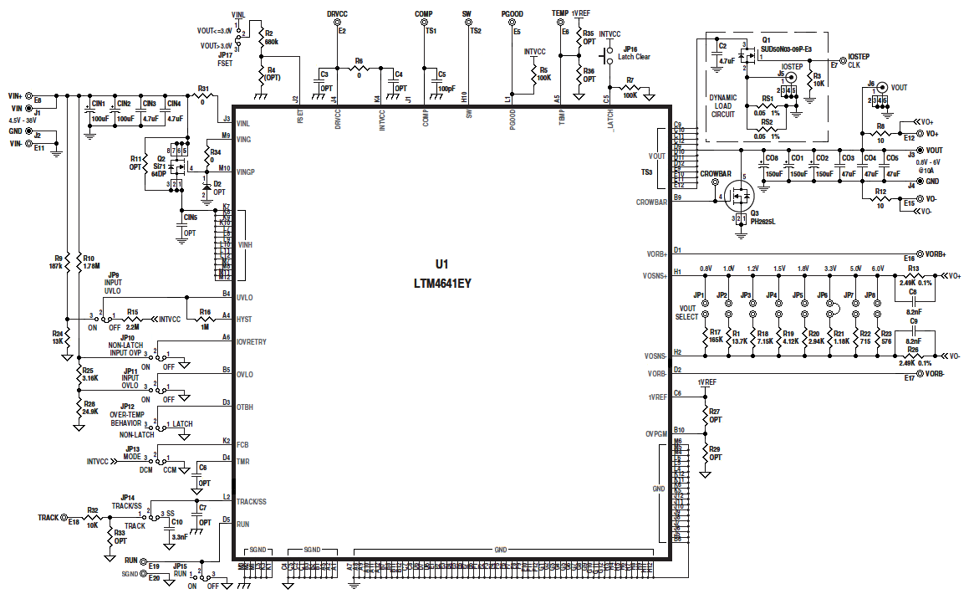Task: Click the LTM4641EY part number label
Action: (442, 284)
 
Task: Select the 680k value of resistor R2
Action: (271, 41)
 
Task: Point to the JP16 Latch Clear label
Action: (633, 53)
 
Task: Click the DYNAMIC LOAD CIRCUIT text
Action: (723, 105)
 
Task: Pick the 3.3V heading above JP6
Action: (830, 268)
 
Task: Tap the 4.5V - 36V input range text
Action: (24, 120)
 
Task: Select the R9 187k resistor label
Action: (58, 263)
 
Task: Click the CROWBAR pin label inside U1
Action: (652, 202)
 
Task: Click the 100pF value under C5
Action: (446, 88)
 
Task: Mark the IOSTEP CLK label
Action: (859, 60)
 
